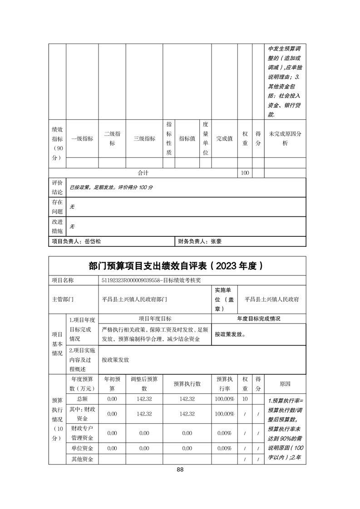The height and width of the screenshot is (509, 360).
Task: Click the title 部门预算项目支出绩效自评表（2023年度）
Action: click(x=177, y=265)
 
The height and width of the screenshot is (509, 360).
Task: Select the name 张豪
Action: click(x=216, y=242)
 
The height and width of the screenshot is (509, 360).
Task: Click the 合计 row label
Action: click(x=143, y=173)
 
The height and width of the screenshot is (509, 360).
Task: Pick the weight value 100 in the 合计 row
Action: click(x=245, y=173)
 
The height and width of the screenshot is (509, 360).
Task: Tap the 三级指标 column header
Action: click(x=144, y=139)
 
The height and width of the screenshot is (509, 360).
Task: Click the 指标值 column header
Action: click(x=187, y=139)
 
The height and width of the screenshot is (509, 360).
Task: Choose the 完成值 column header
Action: click(x=224, y=139)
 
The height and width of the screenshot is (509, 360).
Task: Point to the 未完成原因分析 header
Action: click(x=285, y=138)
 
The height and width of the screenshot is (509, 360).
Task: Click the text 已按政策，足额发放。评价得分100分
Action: click(x=111, y=187)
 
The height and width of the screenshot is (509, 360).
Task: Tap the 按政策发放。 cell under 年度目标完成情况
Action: click(x=230, y=335)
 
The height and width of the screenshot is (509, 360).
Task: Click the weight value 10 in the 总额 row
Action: click(x=245, y=399)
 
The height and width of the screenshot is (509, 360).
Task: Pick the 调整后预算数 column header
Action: click(x=144, y=384)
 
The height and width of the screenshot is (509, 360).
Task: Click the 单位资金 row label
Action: click(x=82, y=448)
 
